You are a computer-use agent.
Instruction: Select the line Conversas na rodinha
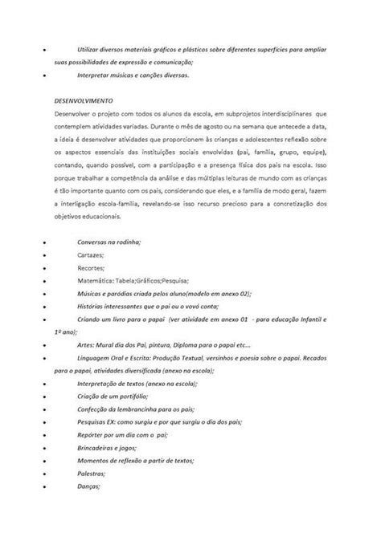coord(109,240)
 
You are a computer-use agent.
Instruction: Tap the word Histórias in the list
coord(93,305)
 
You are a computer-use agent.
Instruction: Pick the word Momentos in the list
coord(96,462)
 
